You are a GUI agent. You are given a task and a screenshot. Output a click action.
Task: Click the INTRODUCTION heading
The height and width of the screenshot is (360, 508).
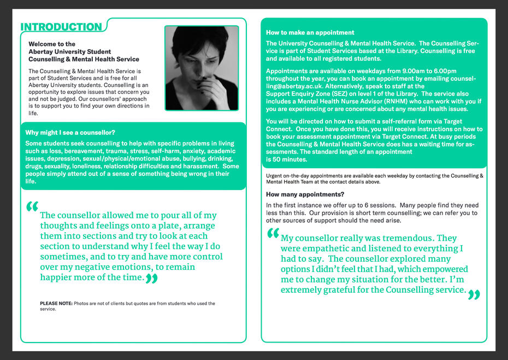click(x=61, y=27)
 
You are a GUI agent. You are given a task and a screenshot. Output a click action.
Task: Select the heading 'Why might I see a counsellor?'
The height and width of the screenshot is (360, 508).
click(x=70, y=132)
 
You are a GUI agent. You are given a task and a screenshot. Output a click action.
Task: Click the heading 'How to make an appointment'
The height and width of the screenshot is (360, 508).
click(x=310, y=33)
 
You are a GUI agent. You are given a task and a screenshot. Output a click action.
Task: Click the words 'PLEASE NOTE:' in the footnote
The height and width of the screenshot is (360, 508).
click(x=56, y=303)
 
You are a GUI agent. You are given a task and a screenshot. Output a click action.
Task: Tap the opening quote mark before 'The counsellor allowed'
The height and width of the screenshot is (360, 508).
click(x=32, y=208)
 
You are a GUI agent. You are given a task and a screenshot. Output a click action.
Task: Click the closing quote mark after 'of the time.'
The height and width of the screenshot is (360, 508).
click(x=152, y=280)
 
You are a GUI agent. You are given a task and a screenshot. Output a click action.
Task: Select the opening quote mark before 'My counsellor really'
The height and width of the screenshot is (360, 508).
click(x=273, y=234)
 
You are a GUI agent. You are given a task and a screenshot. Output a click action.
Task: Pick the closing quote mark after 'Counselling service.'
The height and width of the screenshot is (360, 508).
click(x=474, y=295)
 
